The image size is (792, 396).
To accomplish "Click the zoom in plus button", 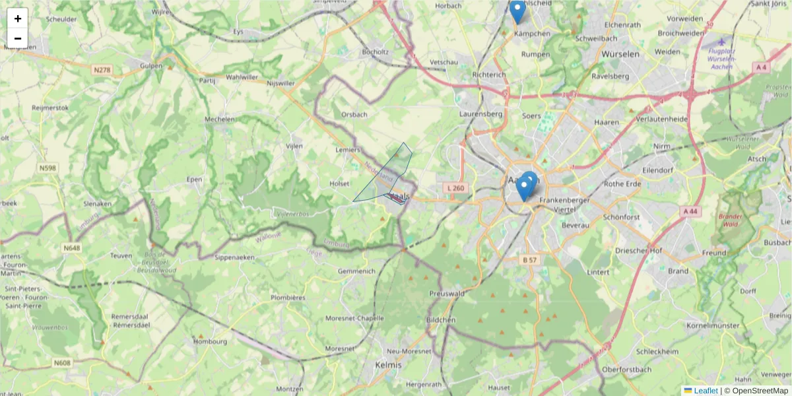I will (18, 18).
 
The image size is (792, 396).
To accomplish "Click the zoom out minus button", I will (18, 38).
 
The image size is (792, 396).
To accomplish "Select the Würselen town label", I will (620, 54).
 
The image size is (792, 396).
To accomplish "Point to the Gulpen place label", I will (150, 66).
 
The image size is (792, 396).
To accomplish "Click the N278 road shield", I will (102, 70).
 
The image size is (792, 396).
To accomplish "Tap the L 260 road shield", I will (455, 189).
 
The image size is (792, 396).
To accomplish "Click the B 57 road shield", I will (530, 260).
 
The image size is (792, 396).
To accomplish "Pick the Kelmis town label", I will (387, 364).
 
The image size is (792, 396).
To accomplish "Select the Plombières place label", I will (288, 298).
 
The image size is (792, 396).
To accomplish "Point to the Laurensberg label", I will (480, 114).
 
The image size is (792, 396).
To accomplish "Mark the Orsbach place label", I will (354, 114).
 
